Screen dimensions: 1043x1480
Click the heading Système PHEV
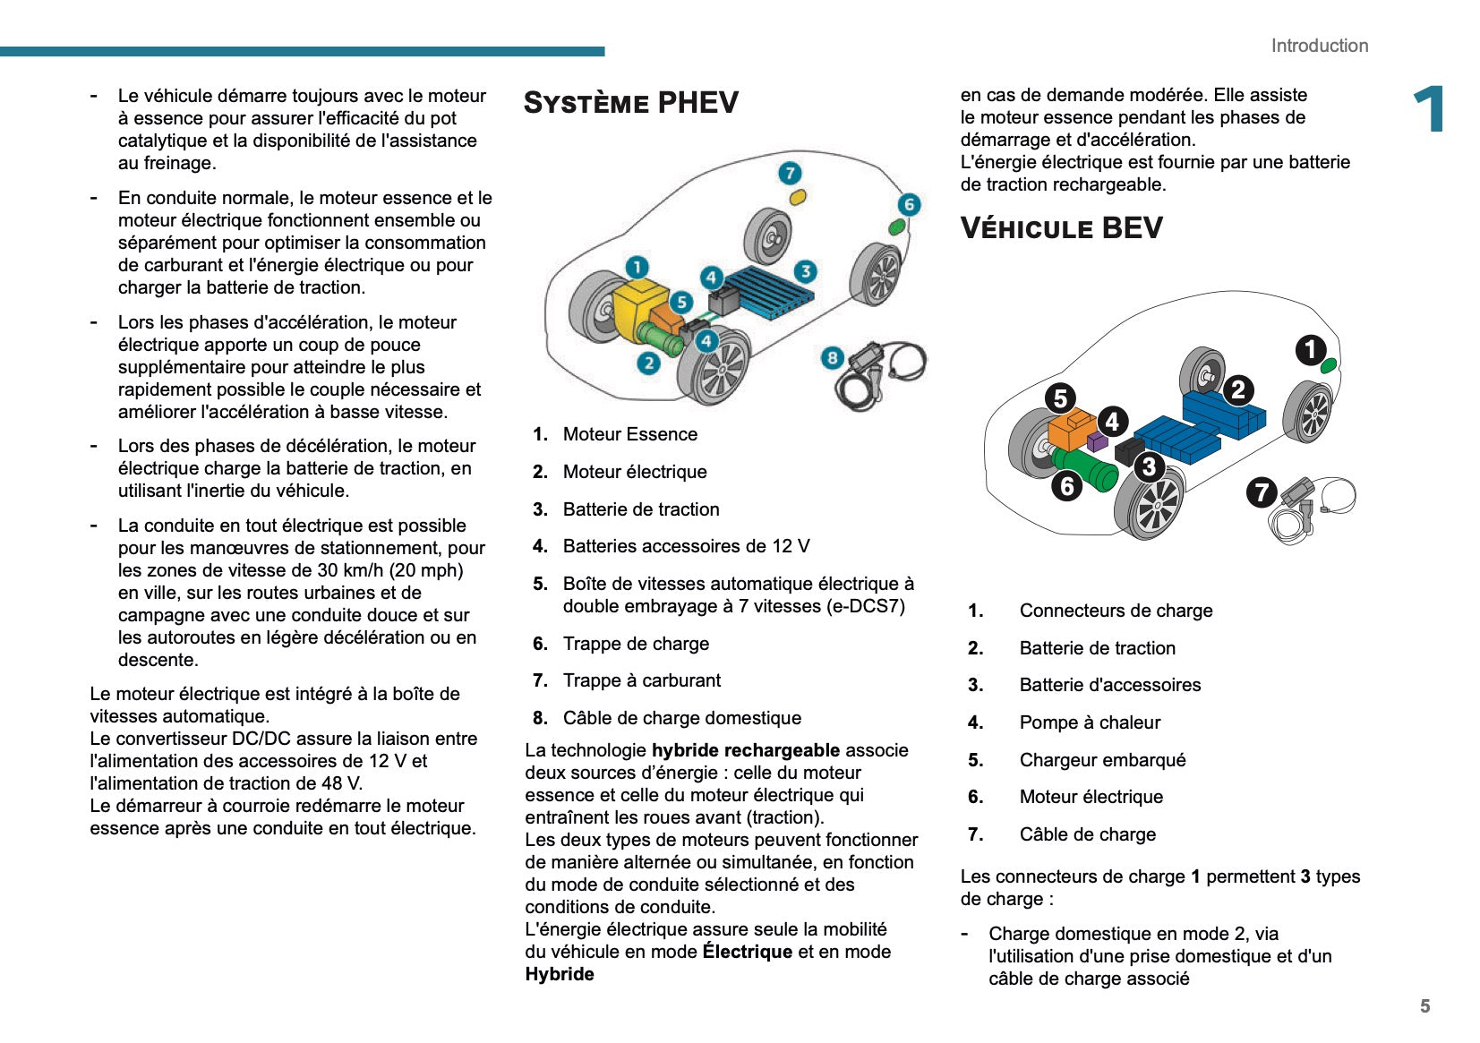631,103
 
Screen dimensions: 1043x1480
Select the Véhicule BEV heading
1061,228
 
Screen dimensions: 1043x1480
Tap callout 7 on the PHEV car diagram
789,173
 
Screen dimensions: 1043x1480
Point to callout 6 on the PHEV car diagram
909,205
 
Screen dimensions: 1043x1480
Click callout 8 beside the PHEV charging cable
833,358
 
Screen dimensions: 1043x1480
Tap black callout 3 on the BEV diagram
1149,466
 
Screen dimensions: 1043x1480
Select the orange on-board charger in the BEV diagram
1071,431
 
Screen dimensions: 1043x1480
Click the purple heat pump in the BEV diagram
1097,440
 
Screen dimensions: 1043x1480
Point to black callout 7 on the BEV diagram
1262,492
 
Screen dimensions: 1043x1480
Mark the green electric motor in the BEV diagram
1085,468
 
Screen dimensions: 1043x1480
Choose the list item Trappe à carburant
641,680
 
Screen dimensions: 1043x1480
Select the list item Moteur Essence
629,434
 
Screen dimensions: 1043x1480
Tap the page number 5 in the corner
1424,1006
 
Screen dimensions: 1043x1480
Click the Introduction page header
1319,46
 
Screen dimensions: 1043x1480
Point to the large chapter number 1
1429,109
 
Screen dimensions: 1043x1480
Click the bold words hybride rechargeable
745,750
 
